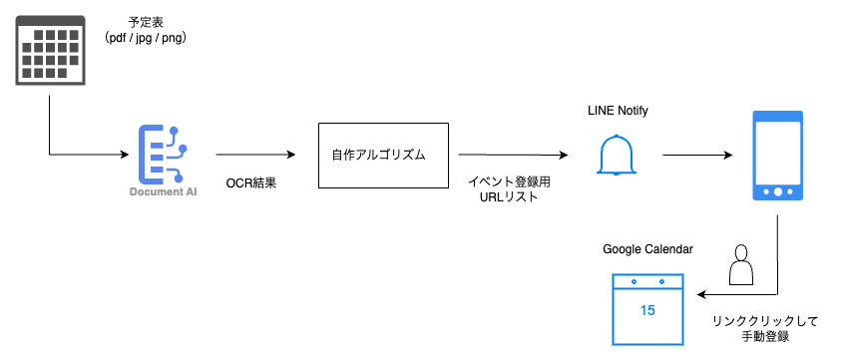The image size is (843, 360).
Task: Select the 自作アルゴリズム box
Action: [383, 156]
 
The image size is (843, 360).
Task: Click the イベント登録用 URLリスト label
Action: [510, 190]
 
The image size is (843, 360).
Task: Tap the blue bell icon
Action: [619, 155]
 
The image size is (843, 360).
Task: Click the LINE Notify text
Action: [619, 110]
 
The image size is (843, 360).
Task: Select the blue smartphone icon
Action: [777, 156]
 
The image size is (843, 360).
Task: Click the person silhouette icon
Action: [739, 266]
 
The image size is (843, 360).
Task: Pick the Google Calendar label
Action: [647, 248]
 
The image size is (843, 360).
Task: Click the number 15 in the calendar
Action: [647, 310]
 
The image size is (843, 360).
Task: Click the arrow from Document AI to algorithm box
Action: [255, 155]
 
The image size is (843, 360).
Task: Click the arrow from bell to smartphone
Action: [698, 156]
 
